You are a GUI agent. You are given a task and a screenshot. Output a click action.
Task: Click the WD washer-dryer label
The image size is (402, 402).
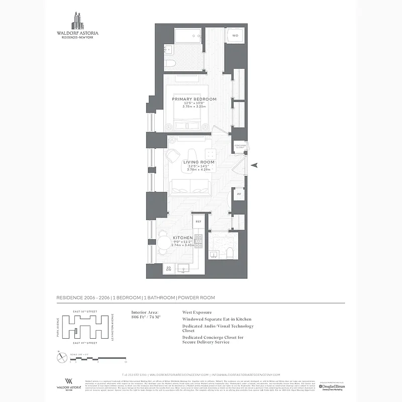235,36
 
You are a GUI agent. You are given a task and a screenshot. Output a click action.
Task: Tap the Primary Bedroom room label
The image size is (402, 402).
194,99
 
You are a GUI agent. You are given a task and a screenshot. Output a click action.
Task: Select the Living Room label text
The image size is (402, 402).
199,162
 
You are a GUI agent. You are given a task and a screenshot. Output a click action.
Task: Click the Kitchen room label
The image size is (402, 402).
183,238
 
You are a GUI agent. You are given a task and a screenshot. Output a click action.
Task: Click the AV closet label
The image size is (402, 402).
239,193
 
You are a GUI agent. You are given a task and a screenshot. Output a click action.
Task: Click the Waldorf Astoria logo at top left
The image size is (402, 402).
77,25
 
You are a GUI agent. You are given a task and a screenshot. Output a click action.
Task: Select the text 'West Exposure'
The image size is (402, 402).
197,312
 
